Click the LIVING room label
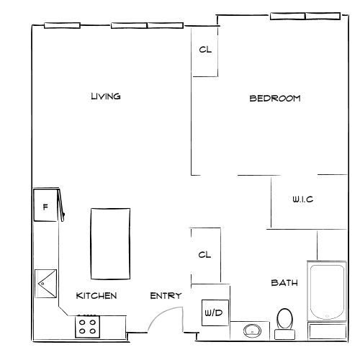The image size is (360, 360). (105, 96)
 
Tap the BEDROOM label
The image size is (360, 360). (274, 99)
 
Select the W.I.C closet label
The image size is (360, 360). (302, 199)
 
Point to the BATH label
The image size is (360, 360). (284, 282)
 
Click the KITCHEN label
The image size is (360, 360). (96, 296)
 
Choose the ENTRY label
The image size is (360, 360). (166, 296)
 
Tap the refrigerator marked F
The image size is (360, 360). (45, 207)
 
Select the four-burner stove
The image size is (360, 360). (88, 326)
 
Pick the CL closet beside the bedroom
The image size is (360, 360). (205, 51)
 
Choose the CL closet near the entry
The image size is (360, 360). (205, 254)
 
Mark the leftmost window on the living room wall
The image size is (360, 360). (60, 27)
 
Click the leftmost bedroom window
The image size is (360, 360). (287, 16)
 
